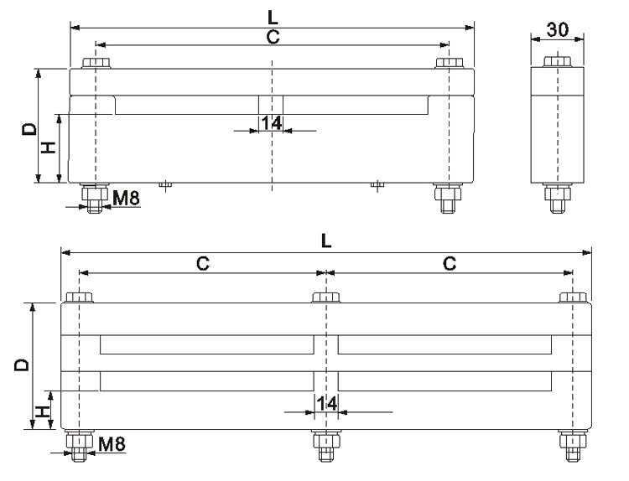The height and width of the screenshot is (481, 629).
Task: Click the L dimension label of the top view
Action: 273,15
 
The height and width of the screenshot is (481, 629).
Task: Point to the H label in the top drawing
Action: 49,147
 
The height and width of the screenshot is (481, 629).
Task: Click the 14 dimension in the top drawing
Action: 270,123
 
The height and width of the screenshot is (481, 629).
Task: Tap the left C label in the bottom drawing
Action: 202,262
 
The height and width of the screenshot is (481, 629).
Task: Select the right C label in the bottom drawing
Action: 450,262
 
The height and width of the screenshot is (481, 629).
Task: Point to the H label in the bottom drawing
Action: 42,411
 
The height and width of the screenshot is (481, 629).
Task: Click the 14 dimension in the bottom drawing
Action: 326,404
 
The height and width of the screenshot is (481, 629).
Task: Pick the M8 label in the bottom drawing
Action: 112,442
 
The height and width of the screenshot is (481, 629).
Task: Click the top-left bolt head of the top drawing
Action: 96,63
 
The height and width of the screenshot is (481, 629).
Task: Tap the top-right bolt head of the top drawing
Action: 450,63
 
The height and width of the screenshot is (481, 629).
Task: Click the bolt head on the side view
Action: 557,63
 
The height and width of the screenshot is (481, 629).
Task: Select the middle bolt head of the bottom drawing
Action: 325,297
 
